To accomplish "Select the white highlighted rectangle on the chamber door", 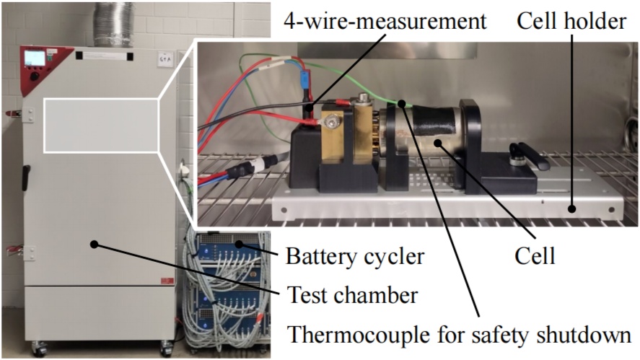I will tap(101, 124).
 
